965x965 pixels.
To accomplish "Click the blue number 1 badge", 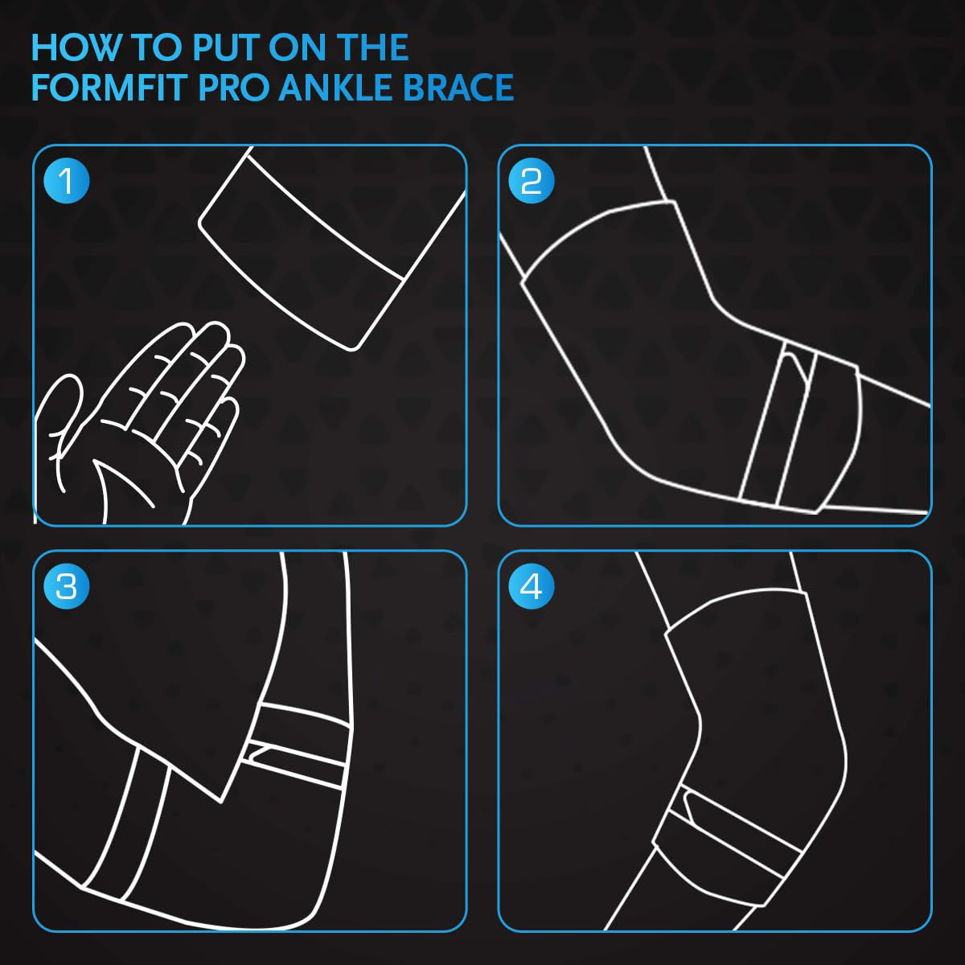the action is pos(67,181).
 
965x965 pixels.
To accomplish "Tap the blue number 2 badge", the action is pos(532,181).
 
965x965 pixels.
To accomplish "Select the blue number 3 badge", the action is pos(67,586).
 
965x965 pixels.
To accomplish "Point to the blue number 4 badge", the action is pos(532,586).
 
